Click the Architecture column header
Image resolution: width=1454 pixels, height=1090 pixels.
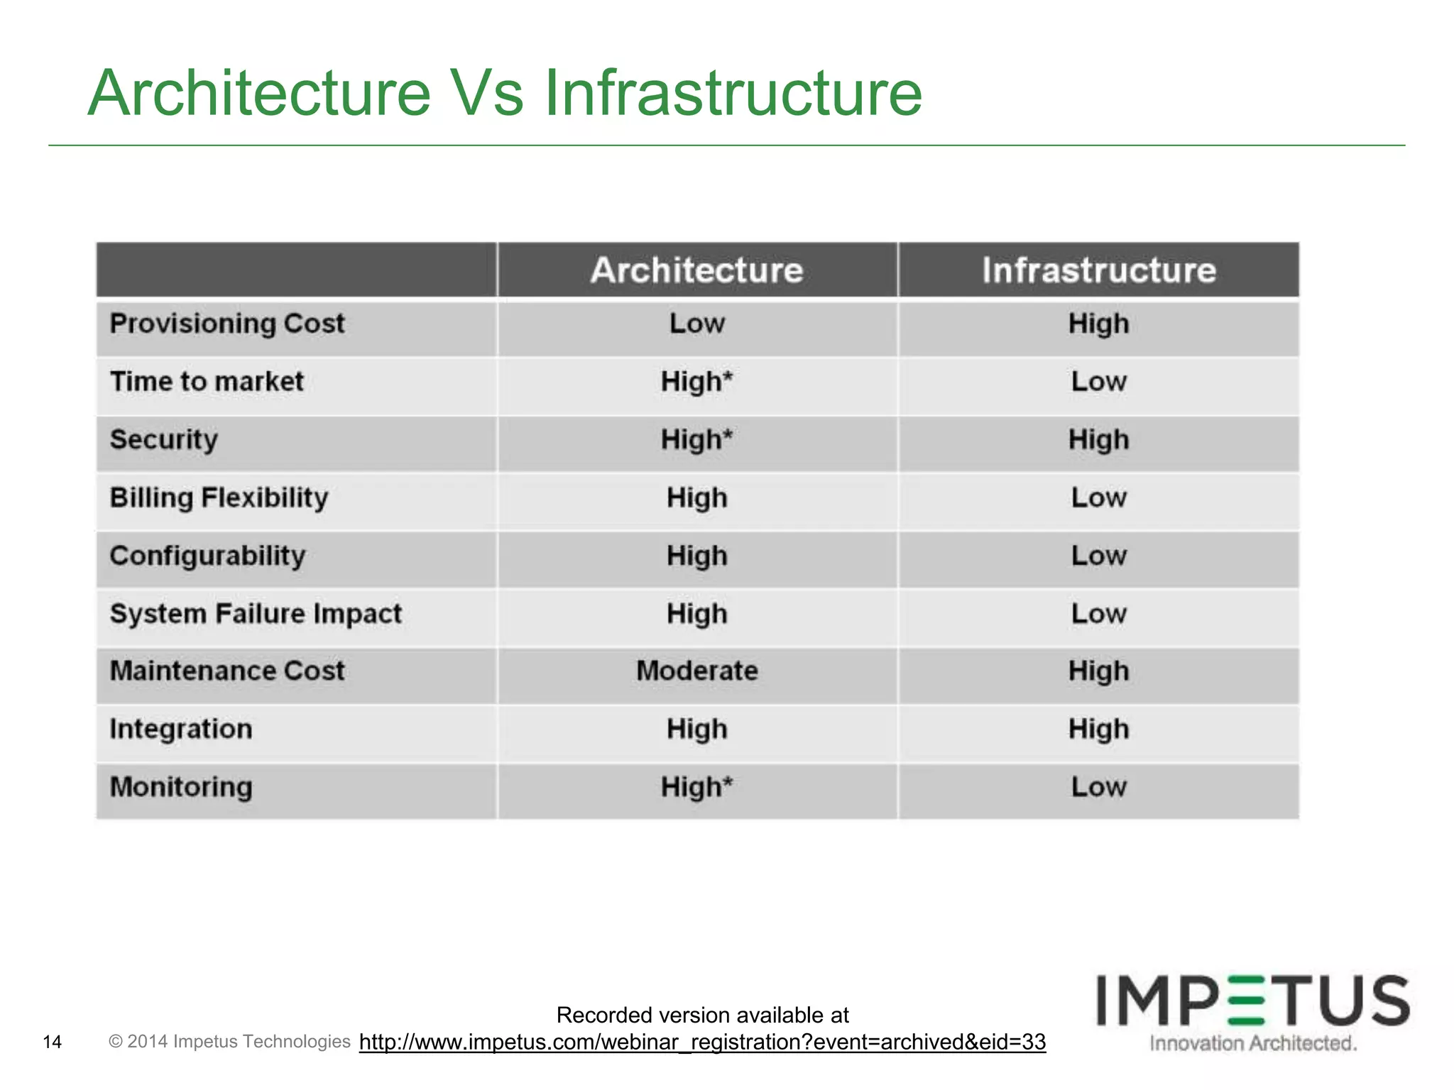pyautogui.click(x=696, y=270)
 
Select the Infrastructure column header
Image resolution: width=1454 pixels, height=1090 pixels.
pyautogui.click(x=1098, y=270)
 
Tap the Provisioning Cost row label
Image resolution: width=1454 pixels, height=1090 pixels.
pyautogui.click(x=227, y=324)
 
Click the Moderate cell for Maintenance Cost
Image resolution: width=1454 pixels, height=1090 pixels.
pyautogui.click(x=696, y=671)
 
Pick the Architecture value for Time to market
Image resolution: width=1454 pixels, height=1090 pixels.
pyautogui.click(x=696, y=382)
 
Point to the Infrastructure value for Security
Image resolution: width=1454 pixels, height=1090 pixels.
pyautogui.click(x=1098, y=440)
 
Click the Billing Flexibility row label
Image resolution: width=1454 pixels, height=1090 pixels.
pyautogui.click(x=219, y=498)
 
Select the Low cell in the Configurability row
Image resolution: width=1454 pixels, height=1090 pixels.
pyautogui.click(x=1098, y=556)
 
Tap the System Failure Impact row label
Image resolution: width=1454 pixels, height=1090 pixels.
pyautogui.click(x=256, y=614)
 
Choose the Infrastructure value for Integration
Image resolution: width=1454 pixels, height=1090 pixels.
pyautogui.click(x=1098, y=730)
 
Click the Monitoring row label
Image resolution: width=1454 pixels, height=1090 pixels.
pyautogui.click(x=181, y=787)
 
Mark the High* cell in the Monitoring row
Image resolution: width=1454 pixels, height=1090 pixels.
pyautogui.click(x=696, y=787)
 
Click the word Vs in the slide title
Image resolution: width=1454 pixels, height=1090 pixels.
pyautogui.click(x=488, y=94)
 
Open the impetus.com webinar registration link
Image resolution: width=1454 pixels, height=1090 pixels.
pyautogui.click(x=702, y=1042)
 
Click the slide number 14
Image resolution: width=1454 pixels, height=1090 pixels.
pyautogui.click(x=53, y=1042)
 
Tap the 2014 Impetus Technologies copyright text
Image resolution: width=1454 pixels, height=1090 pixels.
pyautogui.click(x=229, y=1041)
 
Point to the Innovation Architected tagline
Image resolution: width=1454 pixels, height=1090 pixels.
pyautogui.click(x=1253, y=1043)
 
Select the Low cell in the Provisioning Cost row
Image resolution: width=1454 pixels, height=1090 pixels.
pyautogui.click(x=696, y=324)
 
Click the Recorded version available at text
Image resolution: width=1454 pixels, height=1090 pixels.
pyautogui.click(x=702, y=1015)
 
